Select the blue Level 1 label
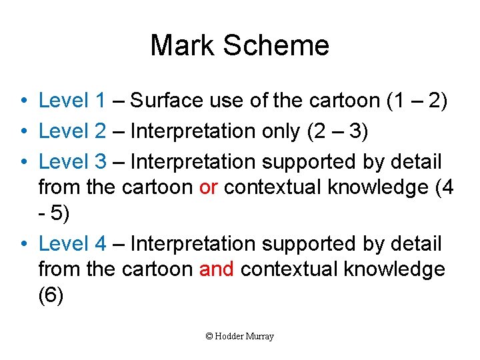[72, 101]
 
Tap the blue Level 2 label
[72, 131]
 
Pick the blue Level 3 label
[72, 161]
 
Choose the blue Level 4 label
[72, 244]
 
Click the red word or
[208, 187]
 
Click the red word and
[217, 269]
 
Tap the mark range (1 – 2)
[417, 101]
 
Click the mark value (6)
[51, 295]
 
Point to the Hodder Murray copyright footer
[240, 337]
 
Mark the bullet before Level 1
[23, 101]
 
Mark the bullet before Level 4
[23, 245]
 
